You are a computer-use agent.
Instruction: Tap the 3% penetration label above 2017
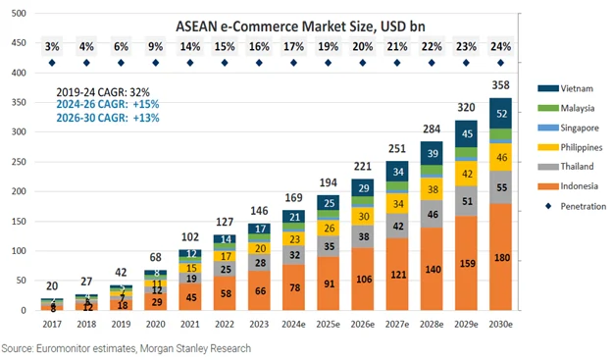[x=52, y=47]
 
